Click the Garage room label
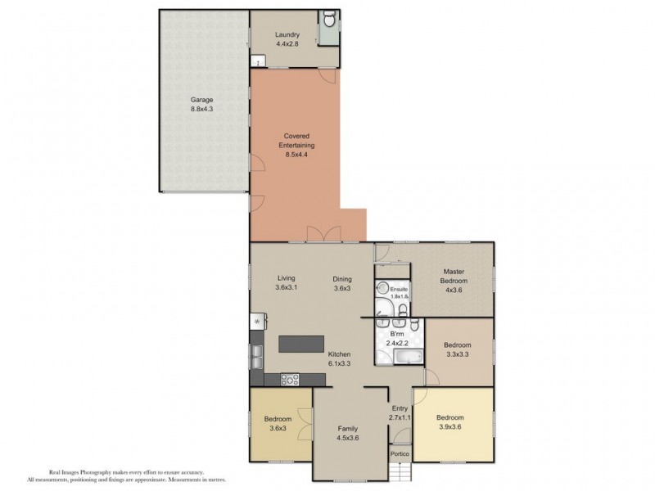click(x=201, y=100)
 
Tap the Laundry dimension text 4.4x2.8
click(x=287, y=43)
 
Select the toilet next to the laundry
click(x=330, y=18)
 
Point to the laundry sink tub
click(x=258, y=61)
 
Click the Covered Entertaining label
click(x=296, y=141)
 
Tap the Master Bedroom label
click(x=454, y=276)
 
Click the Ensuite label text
click(x=399, y=289)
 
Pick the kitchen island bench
click(x=301, y=344)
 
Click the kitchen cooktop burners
click(x=290, y=379)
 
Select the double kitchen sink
click(x=257, y=357)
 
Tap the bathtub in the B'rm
click(x=409, y=357)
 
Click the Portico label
click(x=400, y=454)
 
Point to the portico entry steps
click(x=400, y=471)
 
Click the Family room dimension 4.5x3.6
click(x=348, y=438)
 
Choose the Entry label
click(x=400, y=408)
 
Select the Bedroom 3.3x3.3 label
click(x=458, y=345)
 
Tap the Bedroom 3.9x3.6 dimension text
click(x=450, y=426)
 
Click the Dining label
click(x=342, y=279)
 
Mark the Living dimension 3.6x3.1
click(x=287, y=287)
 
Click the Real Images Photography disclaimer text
click(x=127, y=476)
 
